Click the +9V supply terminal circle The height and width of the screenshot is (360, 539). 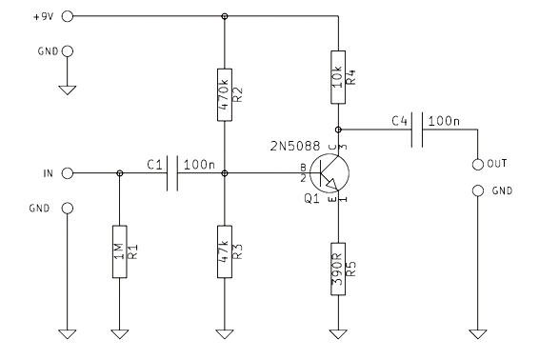(68, 16)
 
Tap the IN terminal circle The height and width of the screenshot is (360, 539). (68, 173)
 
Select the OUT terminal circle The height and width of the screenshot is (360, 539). (478, 165)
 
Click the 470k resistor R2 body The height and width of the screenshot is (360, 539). (225, 94)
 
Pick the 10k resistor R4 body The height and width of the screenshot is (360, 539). (338, 77)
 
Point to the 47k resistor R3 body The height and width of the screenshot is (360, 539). (225, 251)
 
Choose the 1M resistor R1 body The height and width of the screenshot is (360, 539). (120, 251)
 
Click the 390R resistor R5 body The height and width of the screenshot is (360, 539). (338, 269)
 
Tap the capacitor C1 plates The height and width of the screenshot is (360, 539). (172, 173)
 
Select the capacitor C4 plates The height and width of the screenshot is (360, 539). (417, 130)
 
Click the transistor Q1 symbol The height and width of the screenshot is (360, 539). (329, 173)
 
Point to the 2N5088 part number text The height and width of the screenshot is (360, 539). (295, 146)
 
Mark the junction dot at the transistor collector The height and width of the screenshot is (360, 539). (338, 130)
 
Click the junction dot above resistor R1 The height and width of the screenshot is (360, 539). (120, 173)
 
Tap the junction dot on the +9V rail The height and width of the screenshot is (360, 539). (225, 16)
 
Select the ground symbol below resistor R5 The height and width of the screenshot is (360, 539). (338, 334)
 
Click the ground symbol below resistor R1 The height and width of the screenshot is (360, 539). (120, 334)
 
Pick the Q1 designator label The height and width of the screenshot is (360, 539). (311, 198)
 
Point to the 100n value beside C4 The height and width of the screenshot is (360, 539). (444, 121)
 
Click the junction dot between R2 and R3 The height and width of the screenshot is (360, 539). (225, 173)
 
